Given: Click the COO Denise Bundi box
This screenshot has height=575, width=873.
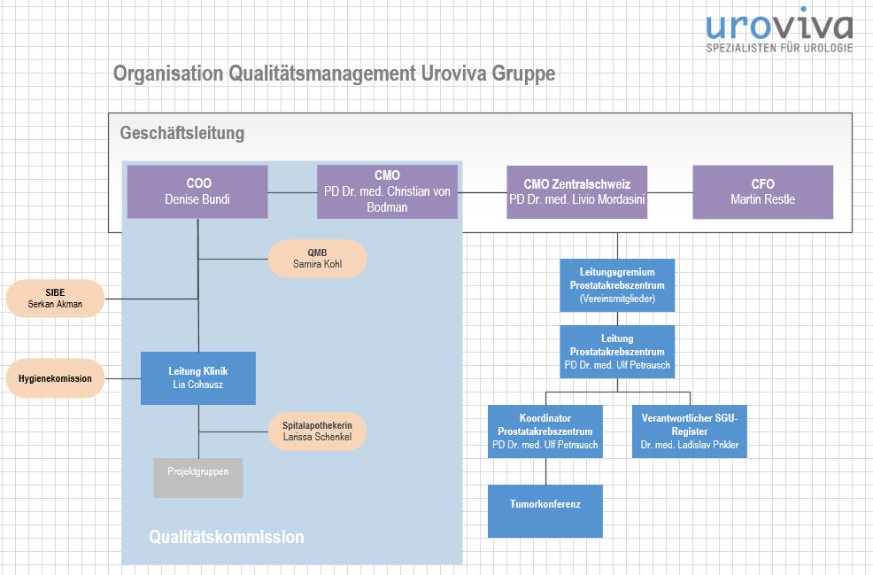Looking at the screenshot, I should click(197, 191).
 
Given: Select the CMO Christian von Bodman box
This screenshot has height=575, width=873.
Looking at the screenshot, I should click(387, 191).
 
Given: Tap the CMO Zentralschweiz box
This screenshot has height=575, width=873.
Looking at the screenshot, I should click(576, 191).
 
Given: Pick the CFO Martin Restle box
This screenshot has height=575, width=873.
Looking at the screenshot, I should click(762, 191).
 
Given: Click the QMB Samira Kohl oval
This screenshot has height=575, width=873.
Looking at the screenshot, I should click(317, 258).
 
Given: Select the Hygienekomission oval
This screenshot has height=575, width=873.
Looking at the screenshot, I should click(55, 378).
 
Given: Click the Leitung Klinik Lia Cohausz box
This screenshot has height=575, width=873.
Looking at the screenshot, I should click(198, 378).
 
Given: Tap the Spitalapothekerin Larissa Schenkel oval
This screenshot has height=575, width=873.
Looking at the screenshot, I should click(317, 431).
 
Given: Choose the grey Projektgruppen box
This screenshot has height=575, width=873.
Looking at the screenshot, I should click(198, 478).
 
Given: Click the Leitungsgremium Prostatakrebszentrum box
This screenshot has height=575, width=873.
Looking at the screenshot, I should click(617, 285).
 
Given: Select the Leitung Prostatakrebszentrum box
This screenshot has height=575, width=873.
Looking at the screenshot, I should click(617, 352).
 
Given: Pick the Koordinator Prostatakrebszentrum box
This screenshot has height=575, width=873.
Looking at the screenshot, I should click(545, 431).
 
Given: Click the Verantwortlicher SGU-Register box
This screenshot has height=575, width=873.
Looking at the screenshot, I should click(690, 431).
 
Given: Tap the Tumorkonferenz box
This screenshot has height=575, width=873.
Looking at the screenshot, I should click(545, 510).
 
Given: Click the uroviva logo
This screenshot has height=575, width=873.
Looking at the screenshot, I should click(778, 33).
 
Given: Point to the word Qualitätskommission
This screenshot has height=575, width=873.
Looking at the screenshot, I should click(226, 537).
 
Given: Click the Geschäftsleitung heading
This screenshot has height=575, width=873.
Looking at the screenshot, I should click(182, 134).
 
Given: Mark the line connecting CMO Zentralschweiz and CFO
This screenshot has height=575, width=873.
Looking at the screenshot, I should click(669, 192).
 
